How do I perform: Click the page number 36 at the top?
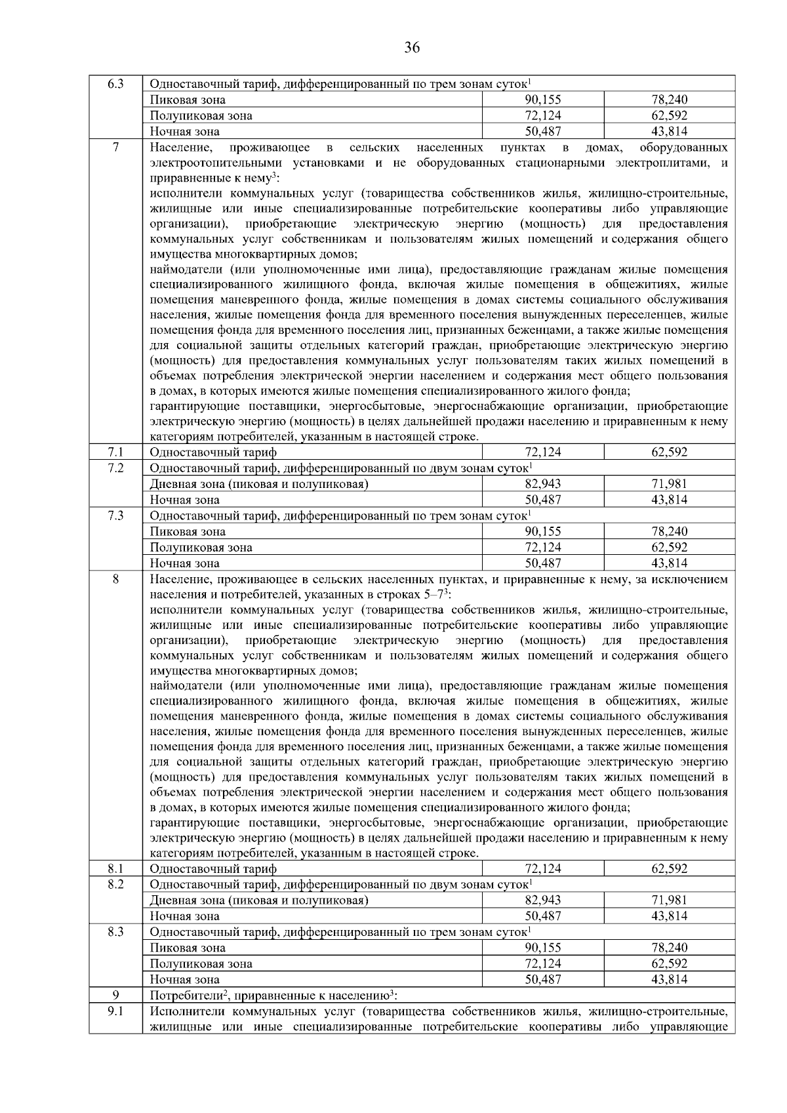tap(412, 47)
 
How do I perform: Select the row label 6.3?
tap(115, 85)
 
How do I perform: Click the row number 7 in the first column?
tap(115, 148)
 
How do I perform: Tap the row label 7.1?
tap(115, 453)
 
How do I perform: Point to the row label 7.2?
tap(115, 468)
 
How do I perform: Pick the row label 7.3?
tap(115, 516)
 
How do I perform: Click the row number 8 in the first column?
tap(115, 579)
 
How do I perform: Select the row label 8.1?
tap(115, 869)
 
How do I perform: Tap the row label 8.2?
tap(115, 885)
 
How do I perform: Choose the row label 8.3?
tap(115, 932)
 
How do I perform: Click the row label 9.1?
tap(115, 1011)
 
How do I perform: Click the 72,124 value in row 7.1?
tap(543, 453)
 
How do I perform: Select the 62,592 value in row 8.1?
tap(669, 869)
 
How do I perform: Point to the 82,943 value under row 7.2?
tap(543, 484)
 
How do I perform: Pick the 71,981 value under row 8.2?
tap(669, 901)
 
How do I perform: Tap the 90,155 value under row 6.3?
tap(543, 100)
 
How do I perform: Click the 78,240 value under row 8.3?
tap(669, 948)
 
